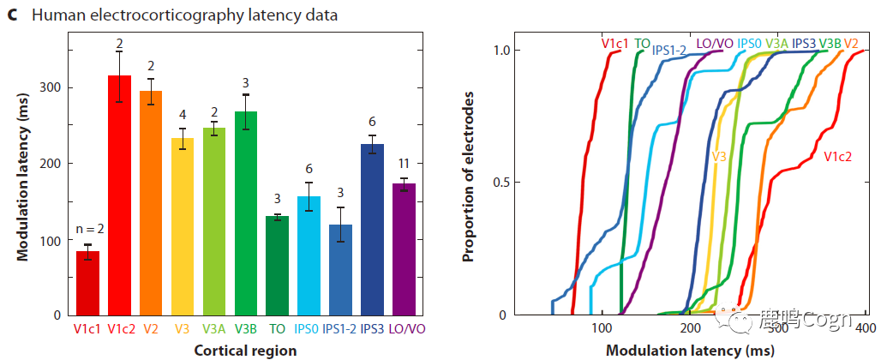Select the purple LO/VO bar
pyautogui.click(x=404, y=249)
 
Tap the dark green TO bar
pyautogui.click(x=277, y=266)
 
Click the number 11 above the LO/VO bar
pyautogui.click(x=403, y=163)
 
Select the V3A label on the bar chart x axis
pyautogui.click(x=213, y=327)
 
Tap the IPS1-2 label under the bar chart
pyautogui.click(x=340, y=327)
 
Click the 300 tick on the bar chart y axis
pyautogui.click(x=51, y=88)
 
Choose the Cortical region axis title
pyautogui.click(x=245, y=350)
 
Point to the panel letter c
pyautogui.click(x=12, y=15)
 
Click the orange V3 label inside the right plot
pyautogui.click(x=719, y=157)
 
